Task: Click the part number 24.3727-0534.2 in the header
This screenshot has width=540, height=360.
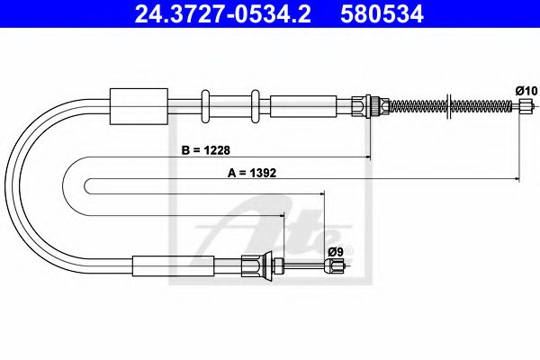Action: click(x=215, y=14)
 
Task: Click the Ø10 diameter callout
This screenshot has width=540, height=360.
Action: click(x=526, y=90)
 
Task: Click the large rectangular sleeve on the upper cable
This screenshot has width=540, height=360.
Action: click(x=138, y=106)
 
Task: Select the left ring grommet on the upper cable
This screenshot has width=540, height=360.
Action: click(x=206, y=106)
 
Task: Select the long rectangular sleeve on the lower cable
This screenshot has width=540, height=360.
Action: click(x=174, y=265)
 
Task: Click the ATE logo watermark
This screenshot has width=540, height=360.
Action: click(x=279, y=229)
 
